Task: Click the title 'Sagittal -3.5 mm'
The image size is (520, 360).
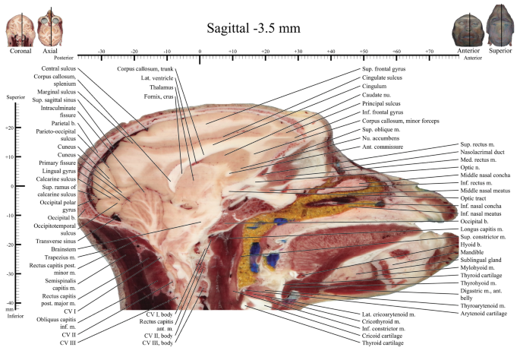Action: [x=254, y=28]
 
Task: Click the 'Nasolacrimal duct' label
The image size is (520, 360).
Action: [x=482, y=152]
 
